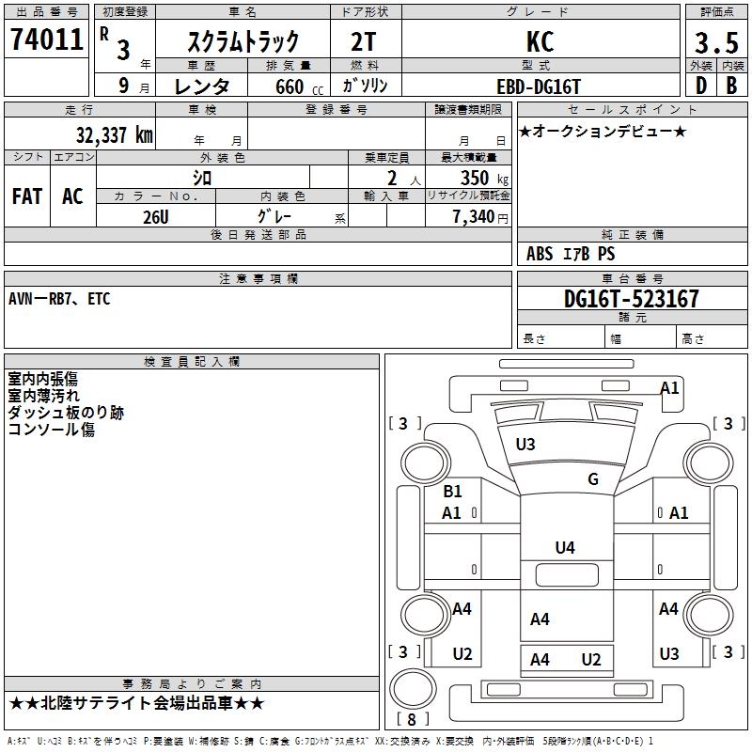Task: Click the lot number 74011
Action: pyautogui.click(x=47, y=39)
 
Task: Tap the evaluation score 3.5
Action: pyautogui.click(x=716, y=42)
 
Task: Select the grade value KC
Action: pyautogui.click(x=540, y=41)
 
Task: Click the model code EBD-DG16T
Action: pyautogui.click(x=539, y=86)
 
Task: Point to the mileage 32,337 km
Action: pyautogui.click(x=115, y=135)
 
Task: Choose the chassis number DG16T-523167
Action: pyautogui.click(x=631, y=299)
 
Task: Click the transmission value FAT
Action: pyautogui.click(x=27, y=196)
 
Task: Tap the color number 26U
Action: pyautogui.click(x=156, y=217)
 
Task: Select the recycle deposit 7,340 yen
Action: pyautogui.click(x=480, y=217)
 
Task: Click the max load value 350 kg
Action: pyautogui.click(x=484, y=179)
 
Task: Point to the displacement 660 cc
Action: pyautogui.click(x=299, y=87)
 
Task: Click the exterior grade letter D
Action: pyautogui.click(x=701, y=86)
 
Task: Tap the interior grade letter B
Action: pyautogui.click(x=731, y=86)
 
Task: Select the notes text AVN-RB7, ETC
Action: pyautogui.click(x=59, y=299)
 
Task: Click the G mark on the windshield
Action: pyautogui.click(x=593, y=478)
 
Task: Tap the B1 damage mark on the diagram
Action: pyautogui.click(x=452, y=491)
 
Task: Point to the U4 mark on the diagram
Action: pyautogui.click(x=565, y=547)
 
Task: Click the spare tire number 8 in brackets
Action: pyautogui.click(x=412, y=719)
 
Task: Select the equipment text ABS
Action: pyautogui.click(x=540, y=254)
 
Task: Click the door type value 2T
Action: pyautogui.click(x=364, y=42)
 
